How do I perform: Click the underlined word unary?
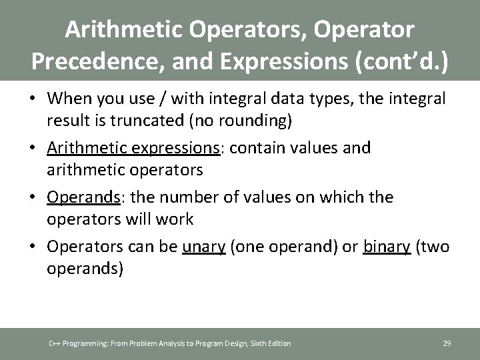203,247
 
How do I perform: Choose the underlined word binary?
386,247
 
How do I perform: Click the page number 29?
447,343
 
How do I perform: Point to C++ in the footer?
55,343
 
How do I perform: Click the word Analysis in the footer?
157,343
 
